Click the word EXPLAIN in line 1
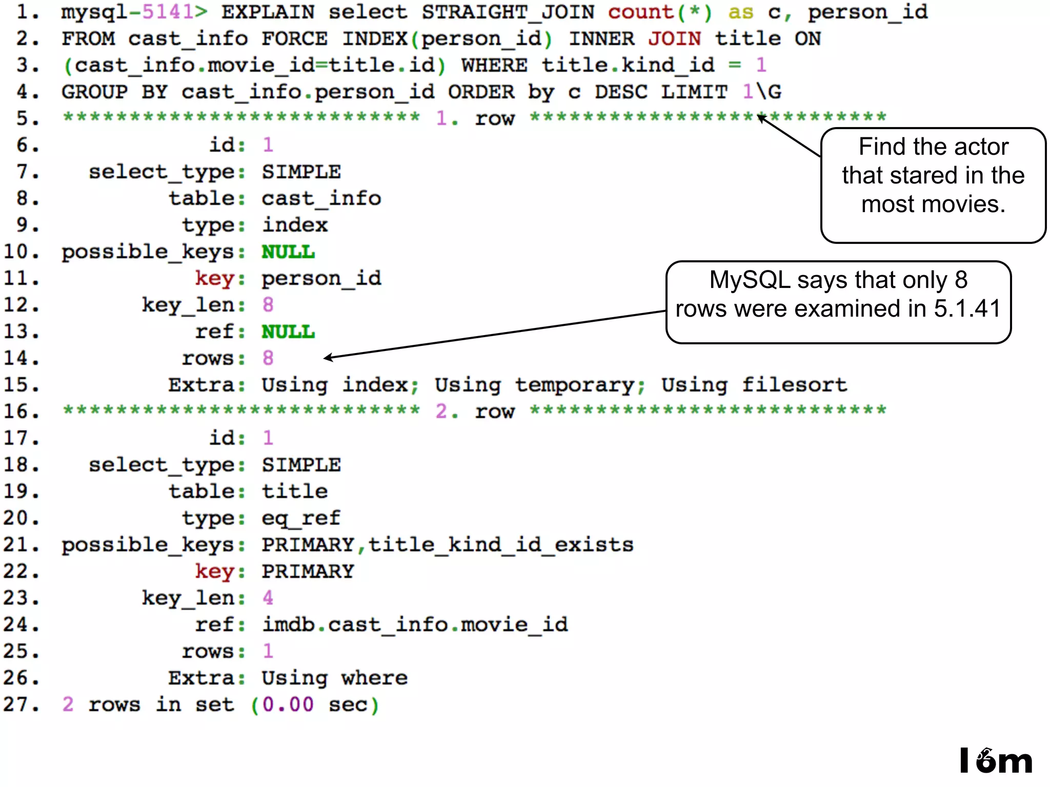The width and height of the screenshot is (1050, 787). [268, 12]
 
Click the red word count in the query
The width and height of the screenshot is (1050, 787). [640, 12]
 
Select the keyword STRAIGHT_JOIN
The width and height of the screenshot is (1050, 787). [508, 12]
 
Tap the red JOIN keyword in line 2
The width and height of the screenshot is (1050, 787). [674, 38]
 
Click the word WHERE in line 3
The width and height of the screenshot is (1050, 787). [494, 65]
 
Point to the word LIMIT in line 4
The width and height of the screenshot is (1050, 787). [694, 92]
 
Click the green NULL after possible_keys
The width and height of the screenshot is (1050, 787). [288, 252]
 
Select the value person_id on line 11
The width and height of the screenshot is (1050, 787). [321, 278]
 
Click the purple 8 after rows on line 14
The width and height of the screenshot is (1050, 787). [268, 358]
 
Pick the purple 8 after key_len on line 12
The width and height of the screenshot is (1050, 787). [268, 304]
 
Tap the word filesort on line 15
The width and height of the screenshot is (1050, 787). [794, 384]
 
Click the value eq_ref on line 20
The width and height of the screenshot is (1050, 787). [301, 517]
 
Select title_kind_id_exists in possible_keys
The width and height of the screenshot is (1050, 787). [501, 544]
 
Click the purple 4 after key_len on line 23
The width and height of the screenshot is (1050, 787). [268, 597]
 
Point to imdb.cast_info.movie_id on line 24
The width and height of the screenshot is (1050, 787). [415, 624]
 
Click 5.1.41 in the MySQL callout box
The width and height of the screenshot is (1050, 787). [967, 308]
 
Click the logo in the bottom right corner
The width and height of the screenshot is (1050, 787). [995, 761]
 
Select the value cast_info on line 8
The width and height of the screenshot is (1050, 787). [321, 198]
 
